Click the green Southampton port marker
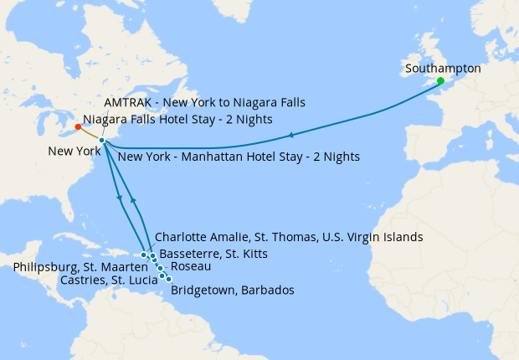(x=440, y=80)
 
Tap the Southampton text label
(x=442, y=68)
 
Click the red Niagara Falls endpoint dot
(x=78, y=127)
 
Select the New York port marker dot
(x=101, y=140)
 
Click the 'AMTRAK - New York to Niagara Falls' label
(x=204, y=102)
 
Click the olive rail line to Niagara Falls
(x=90, y=134)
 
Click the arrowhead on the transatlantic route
(x=290, y=135)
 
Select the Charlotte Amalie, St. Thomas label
(x=289, y=237)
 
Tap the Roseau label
(x=189, y=265)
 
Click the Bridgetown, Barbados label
(x=232, y=291)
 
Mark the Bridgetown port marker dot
(x=169, y=279)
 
